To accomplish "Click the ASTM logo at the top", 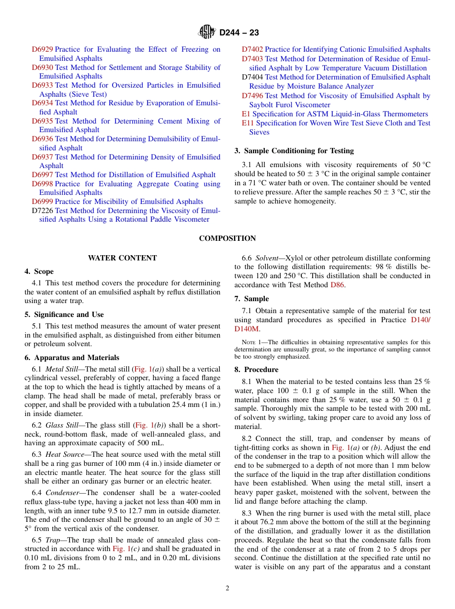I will pos(207,33).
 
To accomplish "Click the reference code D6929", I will pos(42,49).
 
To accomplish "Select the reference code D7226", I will pos(42,211).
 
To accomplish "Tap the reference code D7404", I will pos(252,77).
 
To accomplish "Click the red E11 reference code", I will pos(248,123).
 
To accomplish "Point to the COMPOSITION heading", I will pos(227,238).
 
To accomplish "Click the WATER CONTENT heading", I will pos(122,258).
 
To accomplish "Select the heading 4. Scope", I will pos(39,271).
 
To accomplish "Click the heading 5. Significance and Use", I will pos(64,315).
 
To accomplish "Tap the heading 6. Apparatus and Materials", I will pos(72,358).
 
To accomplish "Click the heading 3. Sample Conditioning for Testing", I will pos(294,151).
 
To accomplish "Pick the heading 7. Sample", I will pos(251,299).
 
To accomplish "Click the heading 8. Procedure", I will pos(256,370).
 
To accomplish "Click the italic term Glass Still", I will pos(64,425).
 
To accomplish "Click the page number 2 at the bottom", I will pos(227,588).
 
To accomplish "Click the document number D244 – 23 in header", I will pos(239,33).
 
